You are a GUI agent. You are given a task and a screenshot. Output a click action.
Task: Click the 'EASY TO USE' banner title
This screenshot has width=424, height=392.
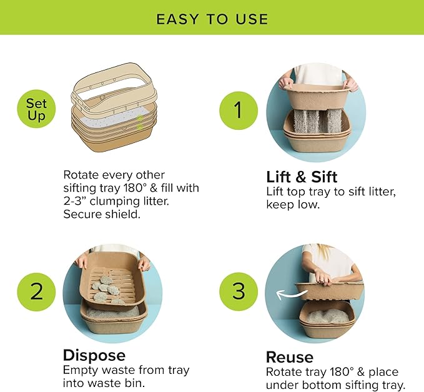tap(212, 18)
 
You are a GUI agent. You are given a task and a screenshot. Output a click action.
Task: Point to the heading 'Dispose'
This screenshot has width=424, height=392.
tap(94, 355)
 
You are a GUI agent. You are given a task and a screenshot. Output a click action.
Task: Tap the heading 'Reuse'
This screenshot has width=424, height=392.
tap(290, 357)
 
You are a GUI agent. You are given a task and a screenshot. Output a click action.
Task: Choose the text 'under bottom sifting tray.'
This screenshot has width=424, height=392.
tap(336, 385)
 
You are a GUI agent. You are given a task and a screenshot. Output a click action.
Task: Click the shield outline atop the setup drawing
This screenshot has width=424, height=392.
tap(113, 87)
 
